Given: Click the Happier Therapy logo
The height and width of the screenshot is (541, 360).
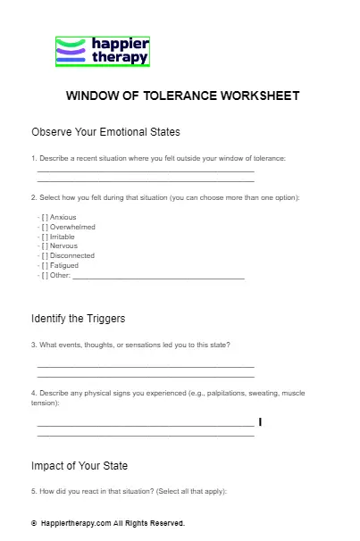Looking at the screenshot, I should click(102, 52).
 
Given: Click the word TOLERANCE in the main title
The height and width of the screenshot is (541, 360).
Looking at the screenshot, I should click(180, 96).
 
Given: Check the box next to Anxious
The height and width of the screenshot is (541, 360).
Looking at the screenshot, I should click(45, 217).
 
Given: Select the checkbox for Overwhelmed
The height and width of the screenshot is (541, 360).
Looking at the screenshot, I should click(45, 227).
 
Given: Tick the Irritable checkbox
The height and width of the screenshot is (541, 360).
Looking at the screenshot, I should click(45, 237).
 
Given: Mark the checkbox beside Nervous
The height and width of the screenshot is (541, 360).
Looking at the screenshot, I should click(45, 246).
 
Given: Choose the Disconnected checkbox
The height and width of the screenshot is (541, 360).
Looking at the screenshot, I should click(45, 255).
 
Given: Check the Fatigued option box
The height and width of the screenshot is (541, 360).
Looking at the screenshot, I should click(45, 265).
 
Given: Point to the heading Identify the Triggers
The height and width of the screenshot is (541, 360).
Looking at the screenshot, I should click(78, 319).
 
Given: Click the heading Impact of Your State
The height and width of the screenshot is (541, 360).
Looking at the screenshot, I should click(80, 465).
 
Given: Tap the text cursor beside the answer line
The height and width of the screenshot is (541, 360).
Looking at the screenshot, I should click(260, 421).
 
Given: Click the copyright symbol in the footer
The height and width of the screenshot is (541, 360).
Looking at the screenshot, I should click(33, 523).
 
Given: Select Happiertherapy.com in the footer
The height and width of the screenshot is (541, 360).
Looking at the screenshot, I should click(76, 523).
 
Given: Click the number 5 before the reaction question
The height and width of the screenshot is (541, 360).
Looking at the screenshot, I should click(33, 491).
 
